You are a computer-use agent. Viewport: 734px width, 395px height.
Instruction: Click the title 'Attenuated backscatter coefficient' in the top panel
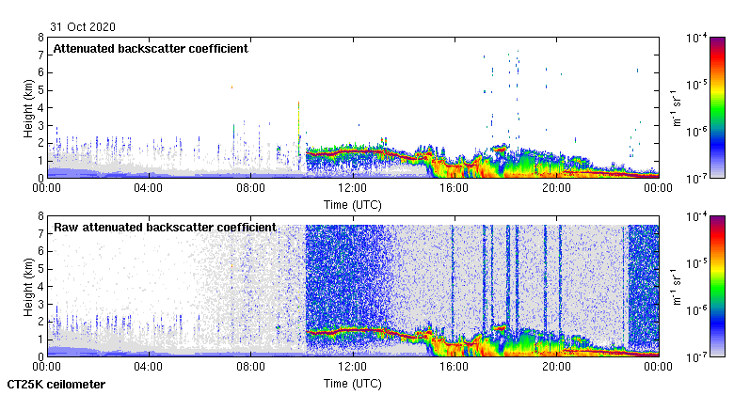[151, 49]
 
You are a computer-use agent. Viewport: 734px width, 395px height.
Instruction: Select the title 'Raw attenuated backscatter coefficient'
[165, 228]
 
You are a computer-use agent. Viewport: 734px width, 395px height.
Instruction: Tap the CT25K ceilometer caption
[56, 385]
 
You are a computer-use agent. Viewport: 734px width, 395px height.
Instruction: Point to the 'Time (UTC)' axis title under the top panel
[353, 203]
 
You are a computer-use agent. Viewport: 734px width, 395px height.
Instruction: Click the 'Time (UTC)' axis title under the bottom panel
[353, 384]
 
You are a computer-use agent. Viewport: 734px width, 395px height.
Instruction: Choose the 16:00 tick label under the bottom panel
[455, 367]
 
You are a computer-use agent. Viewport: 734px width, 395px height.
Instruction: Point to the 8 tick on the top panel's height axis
[40, 38]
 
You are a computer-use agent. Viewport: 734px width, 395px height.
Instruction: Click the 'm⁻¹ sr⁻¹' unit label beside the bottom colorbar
[677, 286]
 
